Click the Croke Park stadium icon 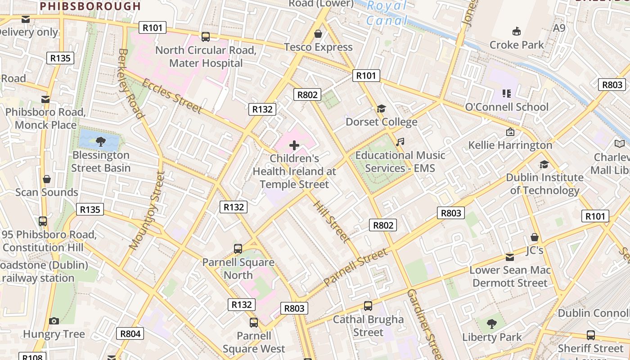tap(516, 31)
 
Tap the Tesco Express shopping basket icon tap(318, 34)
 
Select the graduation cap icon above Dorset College tap(381, 108)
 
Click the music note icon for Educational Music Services tap(400, 142)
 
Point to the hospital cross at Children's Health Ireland tap(294, 145)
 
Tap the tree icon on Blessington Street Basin tap(100, 142)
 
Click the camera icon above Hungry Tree tap(54, 321)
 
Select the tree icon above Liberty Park tap(492, 324)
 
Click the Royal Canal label tap(387, 13)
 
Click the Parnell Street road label tap(355, 267)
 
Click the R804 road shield tap(130, 333)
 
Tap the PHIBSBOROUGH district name tap(90, 6)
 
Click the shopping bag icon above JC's tap(535, 237)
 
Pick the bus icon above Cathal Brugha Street tap(368, 306)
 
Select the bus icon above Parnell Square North tap(238, 248)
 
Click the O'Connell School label tap(507, 107)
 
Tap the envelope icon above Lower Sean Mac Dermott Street tap(509, 257)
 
